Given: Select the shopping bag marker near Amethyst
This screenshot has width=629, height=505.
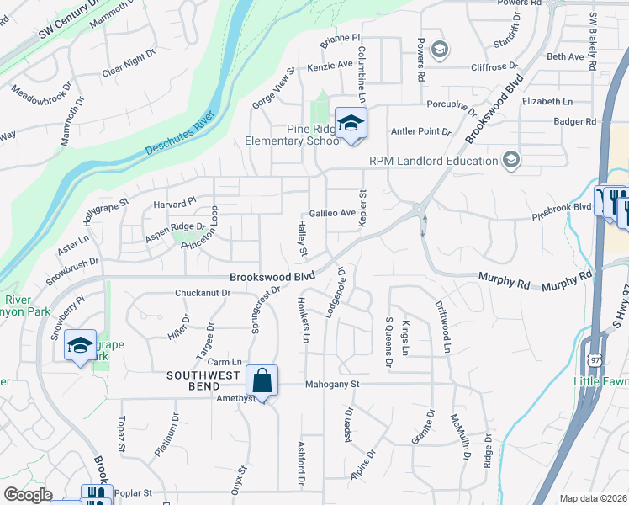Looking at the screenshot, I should [x=262, y=380].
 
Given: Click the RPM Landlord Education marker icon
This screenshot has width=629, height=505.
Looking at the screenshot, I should [x=510, y=160].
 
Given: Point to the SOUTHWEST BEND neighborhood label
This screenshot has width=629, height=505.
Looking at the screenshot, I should [x=204, y=375].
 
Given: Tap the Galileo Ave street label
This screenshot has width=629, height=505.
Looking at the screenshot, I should [x=332, y=214].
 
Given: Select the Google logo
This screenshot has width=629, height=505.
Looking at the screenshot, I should [x=29, y=495].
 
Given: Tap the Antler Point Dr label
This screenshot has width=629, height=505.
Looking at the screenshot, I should [x=422, y=132].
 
